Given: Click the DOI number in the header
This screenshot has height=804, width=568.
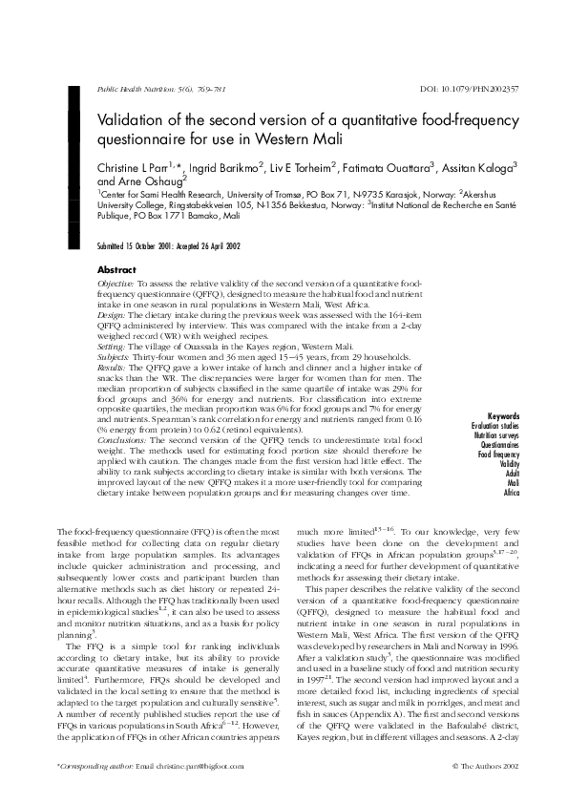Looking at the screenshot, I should (x=470, y=89).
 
